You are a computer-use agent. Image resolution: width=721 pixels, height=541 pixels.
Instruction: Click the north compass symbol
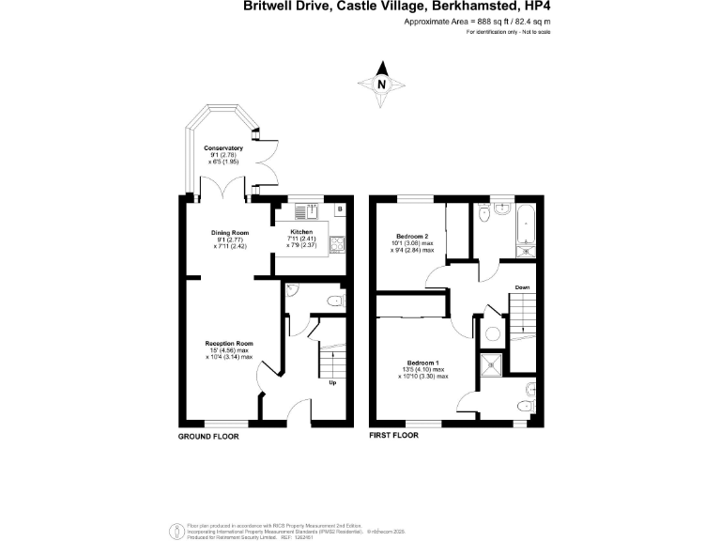pos(381,84)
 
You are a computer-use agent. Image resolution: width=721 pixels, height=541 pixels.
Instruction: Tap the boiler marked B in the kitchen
pos(340,208)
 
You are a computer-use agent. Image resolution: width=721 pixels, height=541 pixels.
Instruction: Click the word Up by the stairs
pos(332,383)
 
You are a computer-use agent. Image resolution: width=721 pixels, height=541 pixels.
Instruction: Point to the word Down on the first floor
pos(522,286)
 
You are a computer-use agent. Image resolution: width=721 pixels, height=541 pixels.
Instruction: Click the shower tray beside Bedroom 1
pos(491,365)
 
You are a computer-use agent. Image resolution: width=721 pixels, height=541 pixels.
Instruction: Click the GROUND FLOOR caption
pos(208,437)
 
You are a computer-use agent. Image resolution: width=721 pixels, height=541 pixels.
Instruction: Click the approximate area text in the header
pos(477,21)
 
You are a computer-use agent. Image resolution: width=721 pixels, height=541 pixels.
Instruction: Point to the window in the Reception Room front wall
pos(222,425)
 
